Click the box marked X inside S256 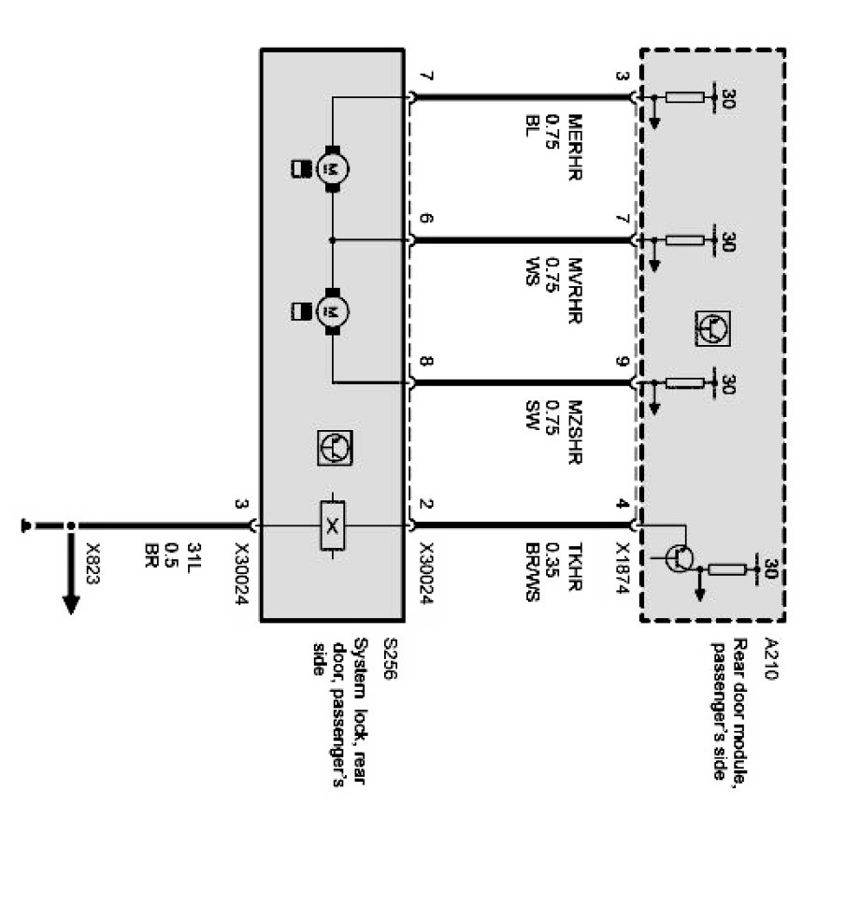point(331,527)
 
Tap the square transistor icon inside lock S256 point(333,449)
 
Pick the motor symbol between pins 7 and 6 point(331,168)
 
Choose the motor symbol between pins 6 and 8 point(331,309)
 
